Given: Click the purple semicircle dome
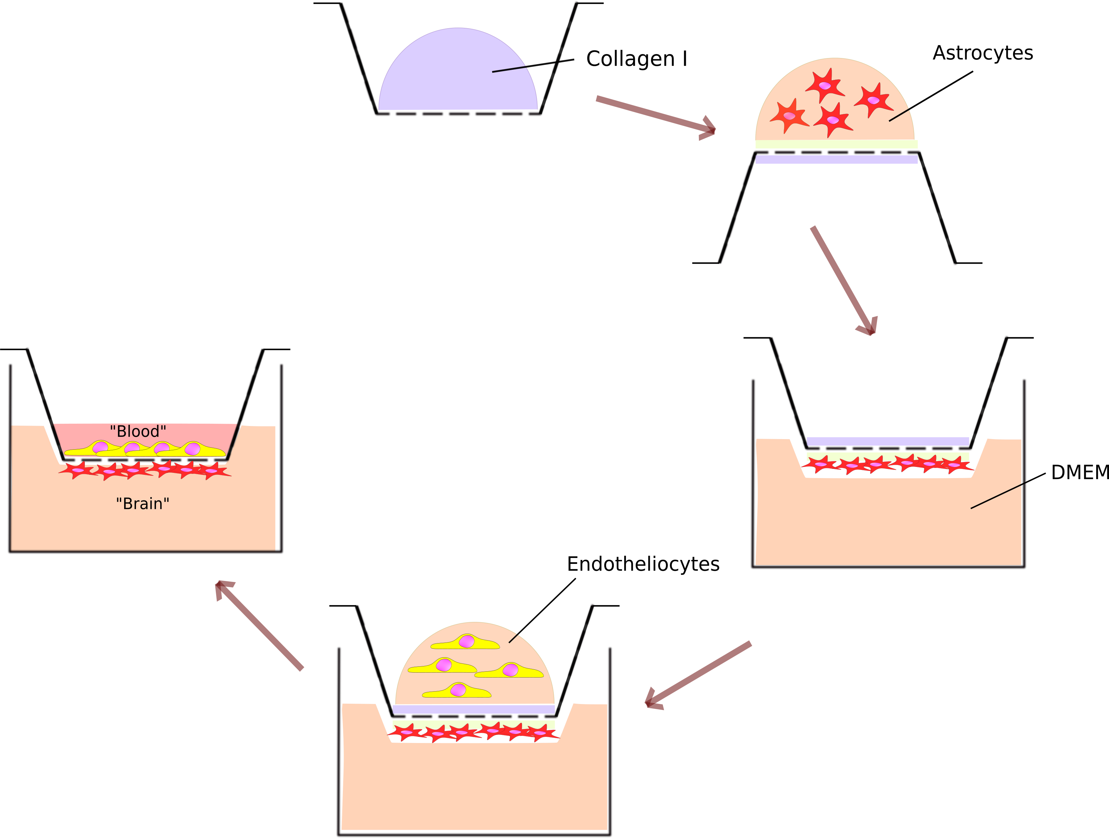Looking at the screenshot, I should (x=451, y=75).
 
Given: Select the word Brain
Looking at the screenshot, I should (x=143, y=504).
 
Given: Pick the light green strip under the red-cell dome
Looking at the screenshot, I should (x=836, y=144).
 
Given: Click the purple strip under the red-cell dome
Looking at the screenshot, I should (x=836, y=159).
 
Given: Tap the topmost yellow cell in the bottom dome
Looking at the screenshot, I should (x=465, y=642).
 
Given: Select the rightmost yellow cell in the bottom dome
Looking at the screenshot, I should (x=509, y=671).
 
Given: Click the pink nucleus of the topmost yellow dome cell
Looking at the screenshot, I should (x=466, y=641).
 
